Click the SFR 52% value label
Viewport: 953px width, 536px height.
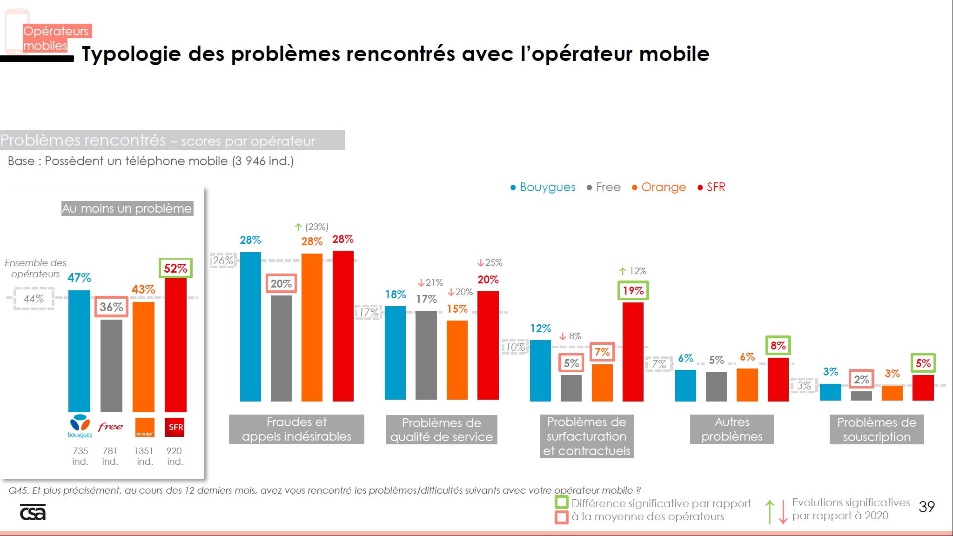175,268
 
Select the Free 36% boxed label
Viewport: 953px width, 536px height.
111,307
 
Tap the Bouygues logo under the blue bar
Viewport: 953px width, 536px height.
80,426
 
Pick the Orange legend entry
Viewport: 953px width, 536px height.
659,187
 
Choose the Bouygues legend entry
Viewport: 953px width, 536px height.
543,187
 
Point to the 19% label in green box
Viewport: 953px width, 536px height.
633,291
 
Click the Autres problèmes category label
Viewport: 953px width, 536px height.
732,429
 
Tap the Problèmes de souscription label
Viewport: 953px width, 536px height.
876,429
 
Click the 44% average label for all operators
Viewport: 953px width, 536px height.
34,299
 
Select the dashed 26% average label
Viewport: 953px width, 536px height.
223,261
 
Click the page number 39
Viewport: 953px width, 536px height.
926,507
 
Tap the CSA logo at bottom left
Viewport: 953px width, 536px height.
33,512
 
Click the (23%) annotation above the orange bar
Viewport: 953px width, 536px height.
316,227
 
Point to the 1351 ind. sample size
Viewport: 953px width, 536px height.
144,456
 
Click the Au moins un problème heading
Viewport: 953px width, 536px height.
127,208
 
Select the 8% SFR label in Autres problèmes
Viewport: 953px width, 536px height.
778,346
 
